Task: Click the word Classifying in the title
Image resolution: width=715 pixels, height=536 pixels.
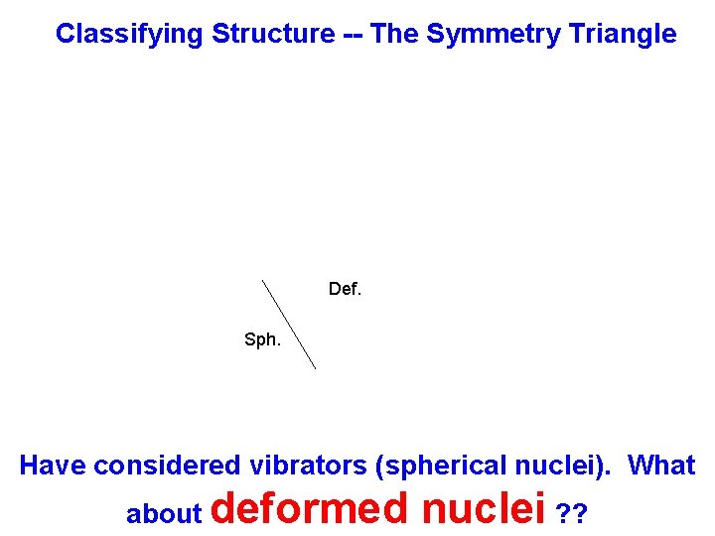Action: pyautogui.click(x=130, y=35)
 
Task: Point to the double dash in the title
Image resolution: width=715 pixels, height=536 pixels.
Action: pyautogui.click(x=353, y=35)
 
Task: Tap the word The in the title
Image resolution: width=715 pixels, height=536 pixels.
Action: pyautogui.click(x=394, y=35)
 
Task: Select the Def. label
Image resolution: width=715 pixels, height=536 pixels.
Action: pyautogui.click(x=346, y=290)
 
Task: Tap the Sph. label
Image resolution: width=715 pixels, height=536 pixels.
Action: pyautogui.click(x=262, y=340)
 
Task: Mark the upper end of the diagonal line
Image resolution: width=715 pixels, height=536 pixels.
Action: pyautogui.click(x=262, y=281)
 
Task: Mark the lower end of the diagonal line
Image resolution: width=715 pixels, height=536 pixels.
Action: pyautogui.click(x=315, y=368)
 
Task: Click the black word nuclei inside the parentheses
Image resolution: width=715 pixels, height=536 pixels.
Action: pyautogui.click(x=564, y=466)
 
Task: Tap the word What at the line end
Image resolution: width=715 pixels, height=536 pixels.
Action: pyautogui.click(x=662, y=466)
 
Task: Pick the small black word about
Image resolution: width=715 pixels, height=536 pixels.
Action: pyautogui.click(x=164, y=514)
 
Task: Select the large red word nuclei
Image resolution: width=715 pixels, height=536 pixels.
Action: pyautogui.click(x=484, y=508)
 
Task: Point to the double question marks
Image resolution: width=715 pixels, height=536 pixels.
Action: pyautogui.click(x=572, y=514)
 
